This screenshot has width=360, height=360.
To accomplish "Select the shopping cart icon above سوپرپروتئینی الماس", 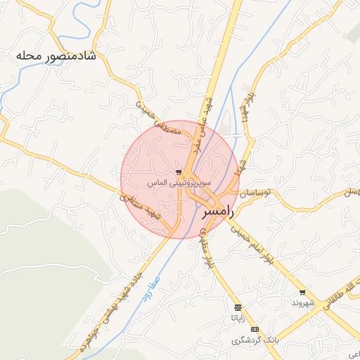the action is pos(179,172).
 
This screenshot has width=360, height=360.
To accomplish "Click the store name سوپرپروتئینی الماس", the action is pos(167,183).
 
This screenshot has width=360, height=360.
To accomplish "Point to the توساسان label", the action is pos(258,193).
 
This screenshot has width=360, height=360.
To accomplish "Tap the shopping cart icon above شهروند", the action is pos(302,292).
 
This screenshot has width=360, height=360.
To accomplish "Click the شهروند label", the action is pos(305,303).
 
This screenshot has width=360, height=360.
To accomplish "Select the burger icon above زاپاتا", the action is pos(238,307).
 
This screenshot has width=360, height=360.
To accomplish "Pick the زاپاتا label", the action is pos(238,318).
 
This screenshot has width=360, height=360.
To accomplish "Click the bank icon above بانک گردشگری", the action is pos(255,329).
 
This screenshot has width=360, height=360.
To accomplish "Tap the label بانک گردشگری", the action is pos(256,340).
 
